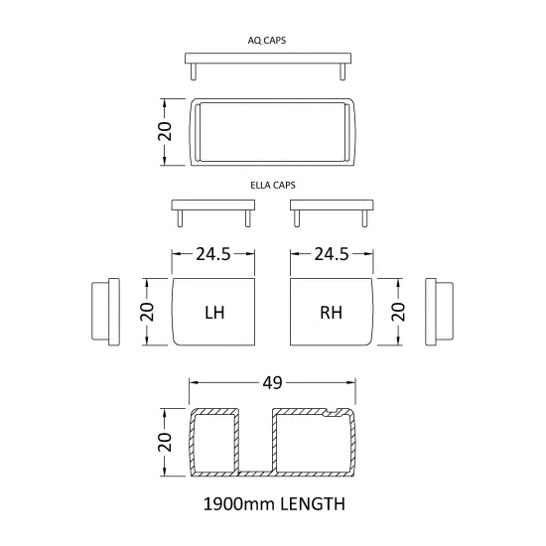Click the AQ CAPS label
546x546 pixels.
(267, 41)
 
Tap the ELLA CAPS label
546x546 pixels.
(273, 185)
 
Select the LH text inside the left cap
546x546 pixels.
(214, 313)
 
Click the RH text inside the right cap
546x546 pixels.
(331, 313)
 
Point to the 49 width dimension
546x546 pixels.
(272, 383)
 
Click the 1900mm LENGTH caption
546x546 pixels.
(274, 504)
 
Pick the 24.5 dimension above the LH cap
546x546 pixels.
(213, 254)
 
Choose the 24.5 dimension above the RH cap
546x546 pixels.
(332, 254)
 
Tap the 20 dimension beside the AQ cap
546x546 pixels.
(165, 132)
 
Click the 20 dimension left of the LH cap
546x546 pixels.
(147, 312)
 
